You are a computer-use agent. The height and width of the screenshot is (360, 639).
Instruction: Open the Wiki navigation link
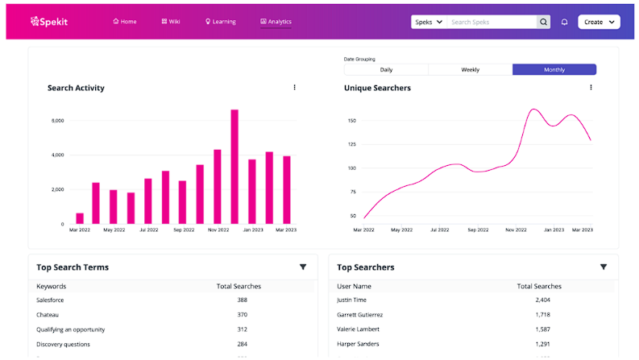170,22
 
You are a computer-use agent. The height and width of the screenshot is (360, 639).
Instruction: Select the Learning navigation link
220,22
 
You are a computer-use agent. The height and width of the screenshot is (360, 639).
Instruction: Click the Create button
599,22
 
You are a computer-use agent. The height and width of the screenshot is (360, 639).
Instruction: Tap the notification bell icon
564,22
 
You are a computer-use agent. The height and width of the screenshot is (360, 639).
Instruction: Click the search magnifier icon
544,22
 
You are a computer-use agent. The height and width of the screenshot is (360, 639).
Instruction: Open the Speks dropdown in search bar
429,22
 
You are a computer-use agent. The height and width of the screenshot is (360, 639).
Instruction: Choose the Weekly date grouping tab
470,70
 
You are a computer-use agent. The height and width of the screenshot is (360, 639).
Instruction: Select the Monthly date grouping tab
554,70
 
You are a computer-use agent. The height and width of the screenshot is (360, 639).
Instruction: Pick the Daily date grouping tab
386,70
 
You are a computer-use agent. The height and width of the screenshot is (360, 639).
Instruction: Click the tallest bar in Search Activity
234,167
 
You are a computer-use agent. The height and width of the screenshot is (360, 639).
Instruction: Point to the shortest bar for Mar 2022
80,218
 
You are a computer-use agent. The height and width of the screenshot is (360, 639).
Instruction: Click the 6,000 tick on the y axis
57,121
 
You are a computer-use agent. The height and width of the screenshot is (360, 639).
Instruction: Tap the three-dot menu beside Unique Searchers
591,88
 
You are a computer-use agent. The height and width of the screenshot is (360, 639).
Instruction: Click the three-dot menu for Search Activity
294,88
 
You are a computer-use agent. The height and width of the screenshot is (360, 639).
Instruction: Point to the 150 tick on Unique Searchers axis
351,121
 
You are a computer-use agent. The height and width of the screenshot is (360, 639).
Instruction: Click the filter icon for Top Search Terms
303,267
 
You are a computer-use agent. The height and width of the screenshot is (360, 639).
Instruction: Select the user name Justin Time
352,300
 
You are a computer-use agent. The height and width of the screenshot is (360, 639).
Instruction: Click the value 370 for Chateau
242,315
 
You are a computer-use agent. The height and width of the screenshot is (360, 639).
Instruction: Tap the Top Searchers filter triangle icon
603,267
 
